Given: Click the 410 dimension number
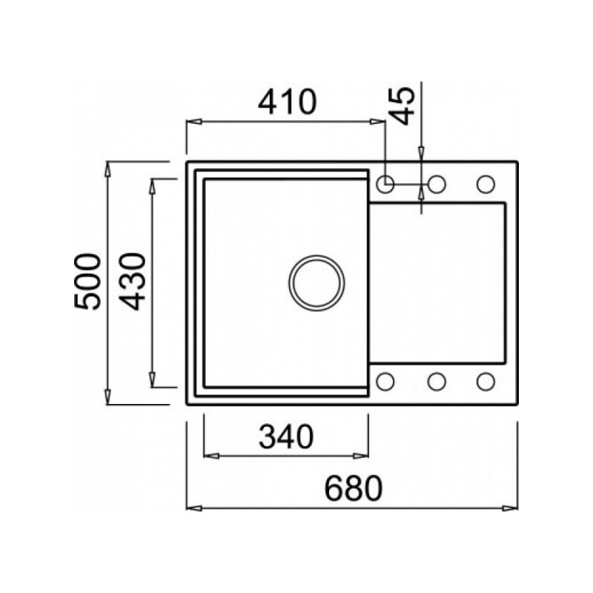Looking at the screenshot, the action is coord(287,102).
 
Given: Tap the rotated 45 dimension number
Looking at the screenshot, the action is coord(401,106).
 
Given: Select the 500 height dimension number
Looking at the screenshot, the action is coord(87,282).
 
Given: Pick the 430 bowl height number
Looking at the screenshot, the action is coord(132,282).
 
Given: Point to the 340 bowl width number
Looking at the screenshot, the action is coord(286,436).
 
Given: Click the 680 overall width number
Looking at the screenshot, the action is coord(354,488).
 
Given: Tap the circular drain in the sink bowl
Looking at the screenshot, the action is coord(317,283).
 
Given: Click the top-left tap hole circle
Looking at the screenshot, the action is coord(385,184).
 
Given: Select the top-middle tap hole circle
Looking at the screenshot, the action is coord(437,184).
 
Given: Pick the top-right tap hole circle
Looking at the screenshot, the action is coord(486,184).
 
